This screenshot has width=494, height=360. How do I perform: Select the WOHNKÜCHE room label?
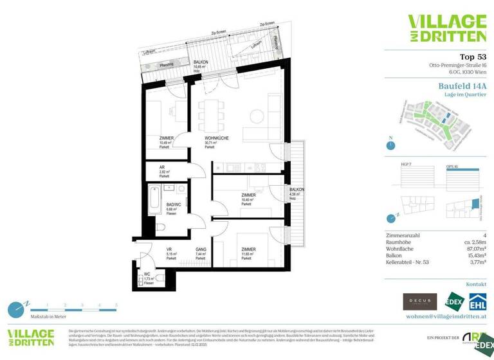[217, 138]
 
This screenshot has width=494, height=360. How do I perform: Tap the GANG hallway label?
[201, 249]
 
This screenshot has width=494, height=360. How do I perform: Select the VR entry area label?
[169, 249]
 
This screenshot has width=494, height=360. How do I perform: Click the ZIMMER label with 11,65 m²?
[249, 249]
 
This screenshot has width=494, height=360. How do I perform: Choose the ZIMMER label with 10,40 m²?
[249, 195]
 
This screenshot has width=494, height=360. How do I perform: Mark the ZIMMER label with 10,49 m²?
[167, 138]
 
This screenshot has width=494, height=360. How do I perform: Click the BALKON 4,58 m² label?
[297, 189]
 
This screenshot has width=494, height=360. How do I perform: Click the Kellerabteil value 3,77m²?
[475, 262]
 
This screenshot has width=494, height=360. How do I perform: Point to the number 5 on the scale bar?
[116, 305]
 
